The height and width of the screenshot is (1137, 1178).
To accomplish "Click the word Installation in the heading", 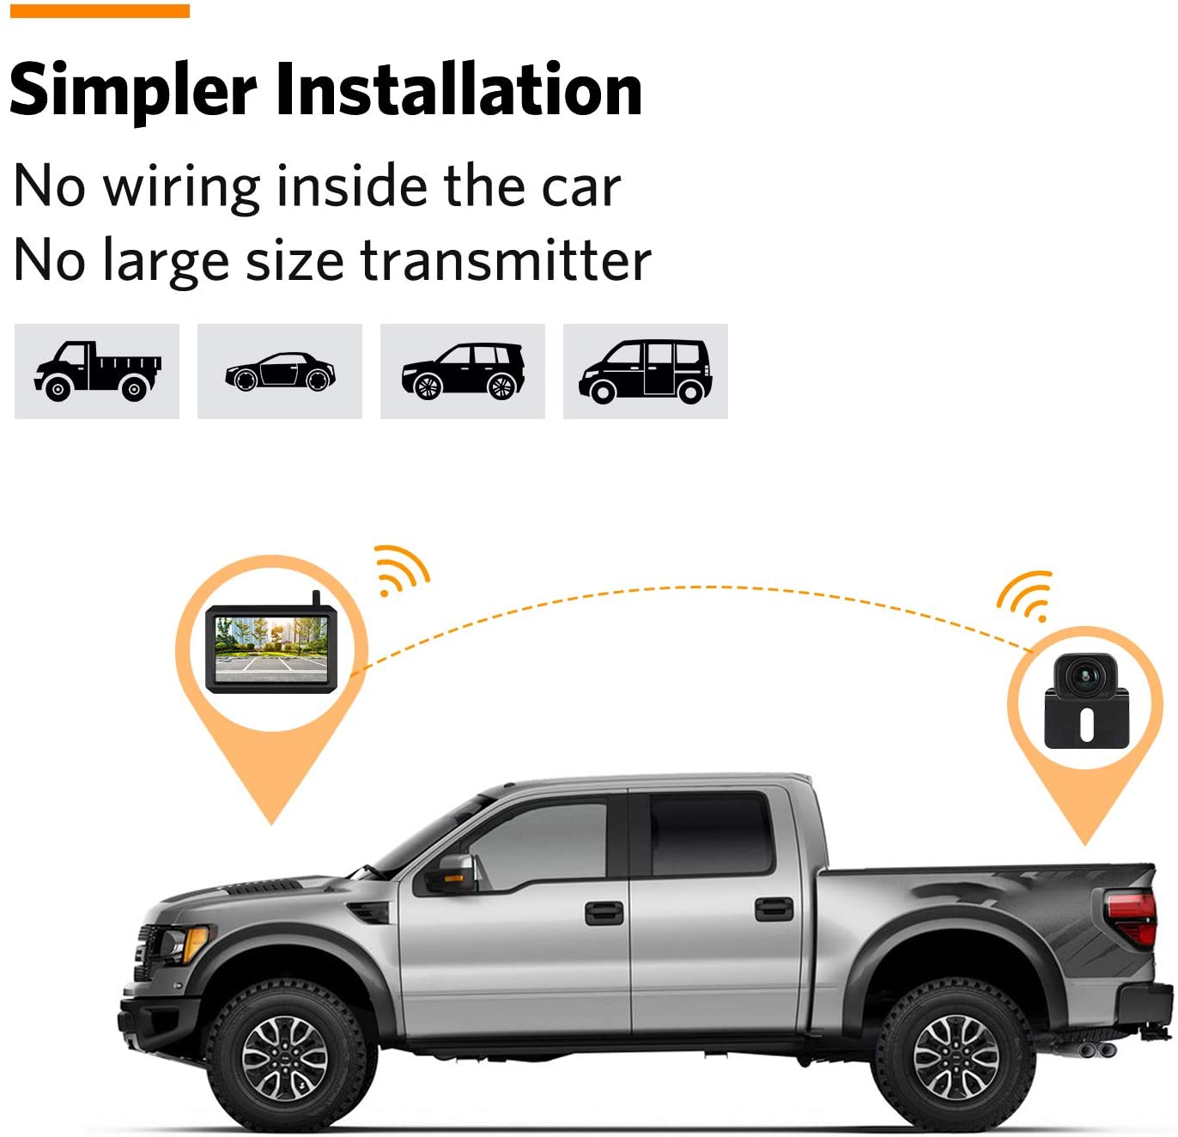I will (x=458, y=90).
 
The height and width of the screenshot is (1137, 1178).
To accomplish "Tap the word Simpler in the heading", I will (x=133, y=90).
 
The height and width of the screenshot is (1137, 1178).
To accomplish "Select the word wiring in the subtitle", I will (x=181, y=186).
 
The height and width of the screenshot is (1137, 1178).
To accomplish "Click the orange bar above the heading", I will (x=100, y=10).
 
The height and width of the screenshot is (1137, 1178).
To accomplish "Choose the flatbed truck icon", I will (x=97, y=371).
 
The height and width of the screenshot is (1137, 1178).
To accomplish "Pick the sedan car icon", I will (x=280, y=371).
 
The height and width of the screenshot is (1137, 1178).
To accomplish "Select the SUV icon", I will (x=463, y=371).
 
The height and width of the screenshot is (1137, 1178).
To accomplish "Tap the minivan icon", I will (x=646, y=371).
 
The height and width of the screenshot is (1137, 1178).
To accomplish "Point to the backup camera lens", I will (x=1085, y=676).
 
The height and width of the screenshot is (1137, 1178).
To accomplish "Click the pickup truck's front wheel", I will (x=284, y=1056).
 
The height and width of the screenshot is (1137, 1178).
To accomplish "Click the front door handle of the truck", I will (x=604, y=912).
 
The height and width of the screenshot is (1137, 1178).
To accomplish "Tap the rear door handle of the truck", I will (x=774, y=908).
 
